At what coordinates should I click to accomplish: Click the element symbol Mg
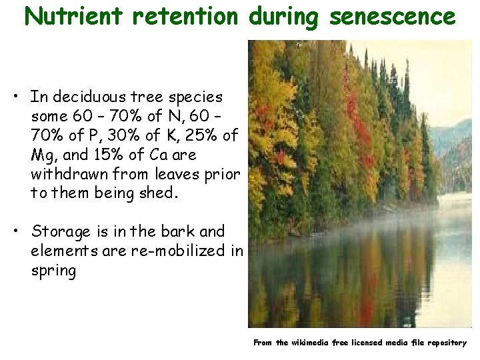(43, 155)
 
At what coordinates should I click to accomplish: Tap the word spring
(53, 271)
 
